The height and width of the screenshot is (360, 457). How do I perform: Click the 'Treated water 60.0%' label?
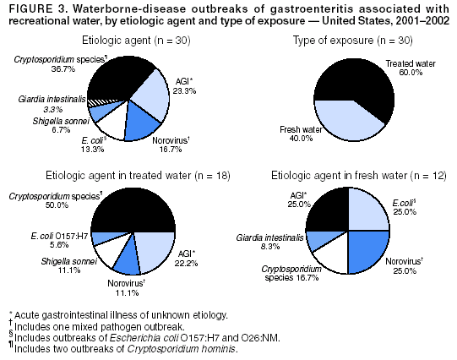click(x=409, y=68)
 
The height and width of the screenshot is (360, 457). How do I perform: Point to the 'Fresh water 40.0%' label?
click(x=300, y=134)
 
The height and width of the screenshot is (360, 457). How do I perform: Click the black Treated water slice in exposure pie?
click(x=372, y=89)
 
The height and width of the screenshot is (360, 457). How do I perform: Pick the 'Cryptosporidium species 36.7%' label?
click(x=52, y=64)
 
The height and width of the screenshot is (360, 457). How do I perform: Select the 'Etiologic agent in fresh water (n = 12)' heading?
click(x=353, y=175)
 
